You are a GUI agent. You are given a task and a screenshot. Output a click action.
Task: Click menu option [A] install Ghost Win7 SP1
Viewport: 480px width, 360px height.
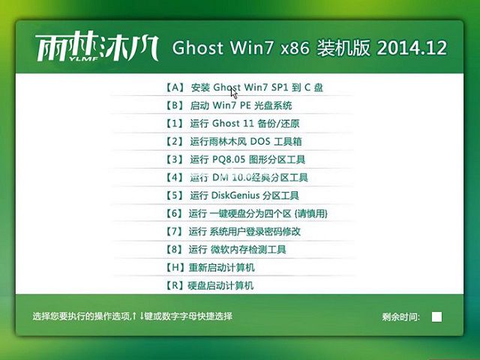pyautogui.click(x=244, y=87)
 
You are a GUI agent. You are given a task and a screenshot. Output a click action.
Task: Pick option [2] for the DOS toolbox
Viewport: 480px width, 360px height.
pyautogui.click(x=235, y=141)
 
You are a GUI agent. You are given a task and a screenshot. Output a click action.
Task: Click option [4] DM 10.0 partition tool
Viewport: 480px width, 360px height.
pyautogui.click(x=236, y=178)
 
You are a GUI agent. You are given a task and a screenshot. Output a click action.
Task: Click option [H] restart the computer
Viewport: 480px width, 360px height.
pyautogui.click(x=209, y=268)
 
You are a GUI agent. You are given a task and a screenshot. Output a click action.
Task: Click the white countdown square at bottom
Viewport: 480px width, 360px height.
pyautogui.click(x=436, y=316)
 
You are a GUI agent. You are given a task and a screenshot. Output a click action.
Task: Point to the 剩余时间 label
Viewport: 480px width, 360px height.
pyautogui.click(x=401, y=317)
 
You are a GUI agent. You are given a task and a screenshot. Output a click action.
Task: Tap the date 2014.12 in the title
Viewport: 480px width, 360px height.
pyautogui.click(x=412, y=48)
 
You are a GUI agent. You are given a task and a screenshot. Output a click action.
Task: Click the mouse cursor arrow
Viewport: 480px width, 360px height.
pyautogui.click(x=234, y=92)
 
